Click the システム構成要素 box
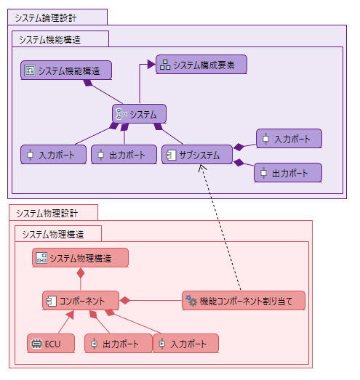click(x=201, y=65)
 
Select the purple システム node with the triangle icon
click(x=139, y=114)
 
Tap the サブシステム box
click(x=197, y=155)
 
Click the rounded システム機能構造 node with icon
click(x=66, y=70)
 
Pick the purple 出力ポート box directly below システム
click(x=124, y=155)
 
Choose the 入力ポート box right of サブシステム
click(x=289, y=139)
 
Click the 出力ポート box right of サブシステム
click(x=288, y=173)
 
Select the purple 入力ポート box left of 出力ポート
click(x=54, y=155)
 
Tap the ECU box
click(x=51, y=344)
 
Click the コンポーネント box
click(x=81, y=301)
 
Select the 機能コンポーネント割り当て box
click(x=244, y=301)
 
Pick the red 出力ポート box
click(x=119, y=344)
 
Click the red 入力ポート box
click(x=186, y=344)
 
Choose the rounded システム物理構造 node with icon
click(x=80, y=258)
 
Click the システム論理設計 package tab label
click(x=46, y=18)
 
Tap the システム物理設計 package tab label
click(x=47, y=214)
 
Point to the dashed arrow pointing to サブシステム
click(x=220, y=227)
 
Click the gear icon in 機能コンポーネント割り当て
click(x=191, y=301)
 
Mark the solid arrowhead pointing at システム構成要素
click(x=151, y=65)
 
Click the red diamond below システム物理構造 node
click(x=81, y=273)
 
